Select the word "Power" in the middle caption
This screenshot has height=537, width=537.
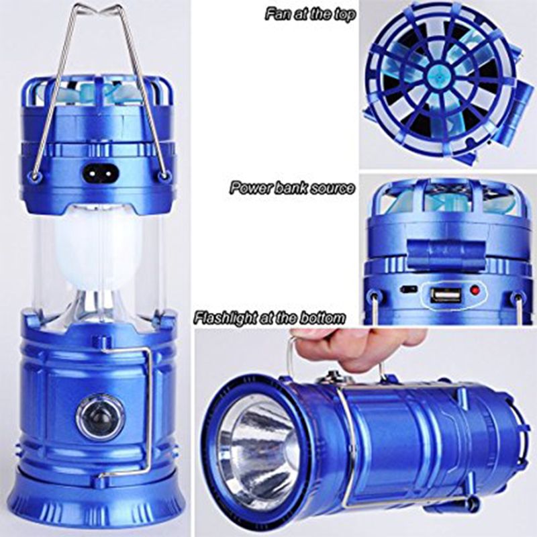pos(246,188)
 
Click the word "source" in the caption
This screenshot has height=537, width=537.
pos(334,188)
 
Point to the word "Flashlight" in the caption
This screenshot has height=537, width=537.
pos(226,316)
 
